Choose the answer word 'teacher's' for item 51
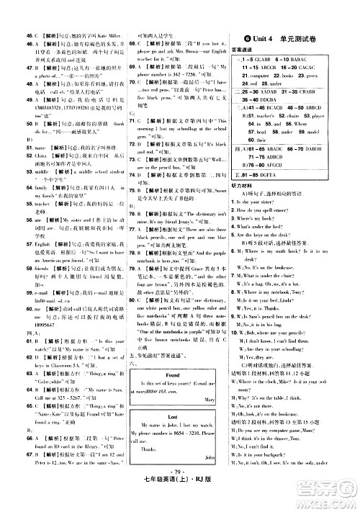(271, 115)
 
